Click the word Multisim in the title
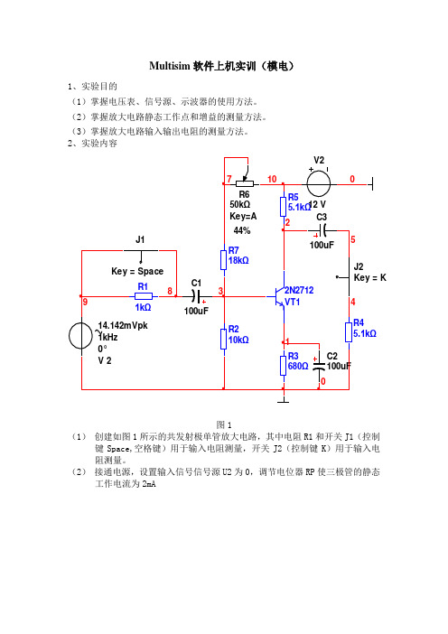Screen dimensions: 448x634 point(170,66)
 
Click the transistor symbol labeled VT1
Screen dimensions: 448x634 point(279,297)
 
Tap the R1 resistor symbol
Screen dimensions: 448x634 point(144,296)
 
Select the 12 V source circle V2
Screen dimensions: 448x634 point(319,184)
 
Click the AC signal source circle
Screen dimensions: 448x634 point(81,336)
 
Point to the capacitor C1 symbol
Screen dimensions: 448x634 point(196,297)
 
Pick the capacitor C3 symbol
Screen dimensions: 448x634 point(322,230)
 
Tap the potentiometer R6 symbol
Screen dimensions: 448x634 point(245,182)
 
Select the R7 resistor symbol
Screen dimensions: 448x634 point(224,259)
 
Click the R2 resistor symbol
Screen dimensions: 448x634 point(224,339)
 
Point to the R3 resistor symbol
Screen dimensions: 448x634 point(284,366)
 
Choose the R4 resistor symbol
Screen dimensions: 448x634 point(349,332)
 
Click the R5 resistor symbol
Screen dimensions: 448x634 point(284,206)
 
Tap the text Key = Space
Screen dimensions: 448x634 point(137,271)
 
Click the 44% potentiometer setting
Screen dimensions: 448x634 point(242,230)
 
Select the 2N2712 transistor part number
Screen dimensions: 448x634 point(299,290)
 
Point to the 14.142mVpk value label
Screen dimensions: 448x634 point(123,325)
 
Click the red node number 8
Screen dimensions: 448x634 point(170,291)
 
